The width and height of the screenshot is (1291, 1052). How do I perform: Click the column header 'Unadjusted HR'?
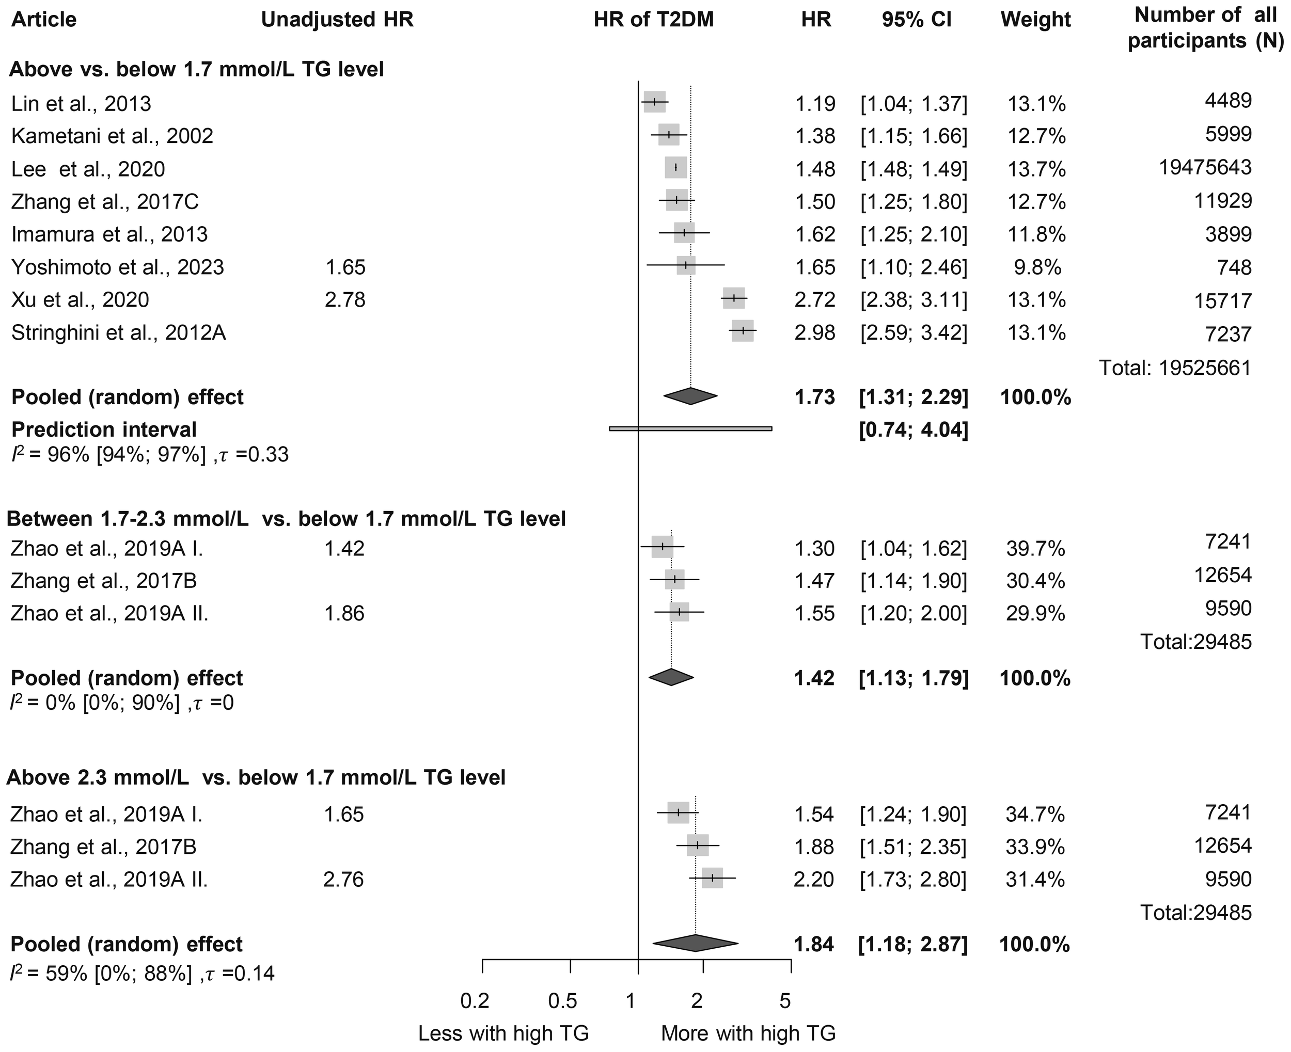tap(337, 20)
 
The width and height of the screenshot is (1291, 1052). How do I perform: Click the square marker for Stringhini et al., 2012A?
tap(743, 331)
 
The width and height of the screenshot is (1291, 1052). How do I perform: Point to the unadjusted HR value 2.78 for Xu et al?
tap(345, 299)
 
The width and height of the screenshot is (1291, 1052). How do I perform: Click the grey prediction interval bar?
tap(690, 428)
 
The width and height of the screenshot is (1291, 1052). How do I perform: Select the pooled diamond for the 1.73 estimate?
tap(690, 396)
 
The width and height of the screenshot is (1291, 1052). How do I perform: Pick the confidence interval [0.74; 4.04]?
tap(914, 429)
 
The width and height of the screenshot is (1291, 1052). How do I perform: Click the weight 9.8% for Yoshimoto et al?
tap(1037, 267)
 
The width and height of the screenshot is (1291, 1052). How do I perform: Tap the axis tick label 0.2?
tap(475, 1000)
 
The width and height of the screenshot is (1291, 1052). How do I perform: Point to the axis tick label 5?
tap(785, 1000)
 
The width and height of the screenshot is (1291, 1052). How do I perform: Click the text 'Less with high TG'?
tap(503, 1033)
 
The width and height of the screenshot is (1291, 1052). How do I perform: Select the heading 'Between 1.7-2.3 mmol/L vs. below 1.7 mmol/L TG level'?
tap(286, 519)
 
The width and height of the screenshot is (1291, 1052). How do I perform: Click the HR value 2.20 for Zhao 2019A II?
tap(814, 879)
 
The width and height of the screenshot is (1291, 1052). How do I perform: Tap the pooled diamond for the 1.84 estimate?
tap(695, 944)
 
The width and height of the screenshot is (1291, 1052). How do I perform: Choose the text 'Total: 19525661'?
tap(1175, 368)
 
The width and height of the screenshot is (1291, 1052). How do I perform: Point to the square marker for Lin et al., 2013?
tap(655, 102)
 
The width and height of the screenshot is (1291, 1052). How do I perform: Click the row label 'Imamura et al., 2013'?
tap(109, 234)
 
